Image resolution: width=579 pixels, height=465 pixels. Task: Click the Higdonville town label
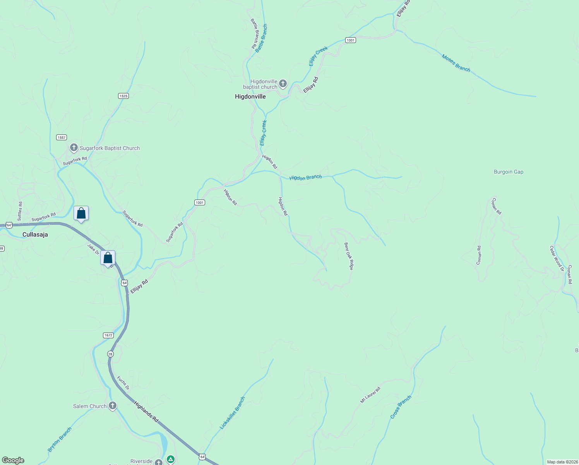click(x=250, y=96)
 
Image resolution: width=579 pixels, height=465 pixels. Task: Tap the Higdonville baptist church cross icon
click(x=283, y=84)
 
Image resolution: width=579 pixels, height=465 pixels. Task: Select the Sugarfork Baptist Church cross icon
click(x=74, y=148)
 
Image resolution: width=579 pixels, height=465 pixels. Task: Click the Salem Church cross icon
click(x=112, y=406)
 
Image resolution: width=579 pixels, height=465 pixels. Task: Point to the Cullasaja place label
click(x=35, y=234)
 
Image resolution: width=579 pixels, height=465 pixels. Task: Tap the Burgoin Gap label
click(x=509, y=172)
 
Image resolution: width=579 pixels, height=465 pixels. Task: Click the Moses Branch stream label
click(x=456, y=63)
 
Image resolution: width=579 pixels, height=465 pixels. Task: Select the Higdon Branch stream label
click(x=305, y=177)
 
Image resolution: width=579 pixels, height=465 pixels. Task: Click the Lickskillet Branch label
click(x=232, y=413)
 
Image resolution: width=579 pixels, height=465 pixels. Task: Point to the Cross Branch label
click(x=401, y=407)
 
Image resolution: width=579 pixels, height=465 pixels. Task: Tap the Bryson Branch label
click(x=60, y=439)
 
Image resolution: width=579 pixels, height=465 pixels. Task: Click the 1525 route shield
click(x=123, y=96)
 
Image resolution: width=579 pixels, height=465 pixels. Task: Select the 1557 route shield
click(x=62, y=137)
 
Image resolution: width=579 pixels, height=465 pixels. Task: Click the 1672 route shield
click(x=108, y=335)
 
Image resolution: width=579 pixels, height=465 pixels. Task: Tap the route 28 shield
click(x=110, y=354)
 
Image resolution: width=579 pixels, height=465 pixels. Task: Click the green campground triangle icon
click(x=171, y=459)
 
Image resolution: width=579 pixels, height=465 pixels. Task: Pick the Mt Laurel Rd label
click(x=370, y=395)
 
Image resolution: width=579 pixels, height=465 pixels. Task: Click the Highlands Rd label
click(x=146, y=412)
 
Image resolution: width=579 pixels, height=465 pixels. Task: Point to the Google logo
click(x=13, y=460)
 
